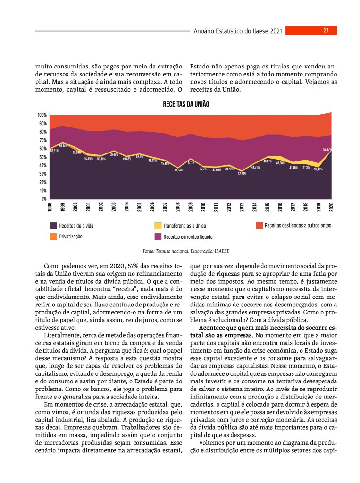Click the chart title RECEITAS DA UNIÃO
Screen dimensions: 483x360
pos(185,104)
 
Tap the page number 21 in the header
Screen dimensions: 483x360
pos(326,30)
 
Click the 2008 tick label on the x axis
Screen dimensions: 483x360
pos(178,206)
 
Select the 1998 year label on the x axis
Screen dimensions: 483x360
pos(50,206)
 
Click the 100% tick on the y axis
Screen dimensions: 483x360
pos(42,115)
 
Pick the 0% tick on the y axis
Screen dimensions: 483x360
pos(43,199)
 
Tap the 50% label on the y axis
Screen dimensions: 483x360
pos(42,157)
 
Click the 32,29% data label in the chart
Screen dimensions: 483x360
pos(242,174)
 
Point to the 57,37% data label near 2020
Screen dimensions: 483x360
pos(327,149)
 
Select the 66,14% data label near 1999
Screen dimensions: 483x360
pos(63,146)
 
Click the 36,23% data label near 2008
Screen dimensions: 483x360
pos(178,170)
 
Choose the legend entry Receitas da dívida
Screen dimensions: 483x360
pos(75,226)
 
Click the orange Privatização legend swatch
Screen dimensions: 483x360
pos(53,236)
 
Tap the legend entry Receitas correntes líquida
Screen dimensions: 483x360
pos(187,236)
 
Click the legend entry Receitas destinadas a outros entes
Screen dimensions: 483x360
pos(297,225)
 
